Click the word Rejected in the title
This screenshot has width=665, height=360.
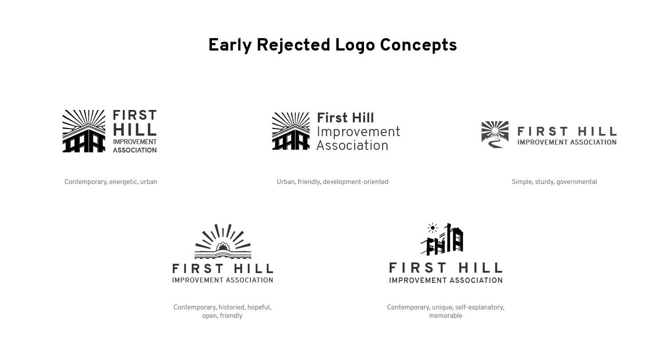tap(293, 45)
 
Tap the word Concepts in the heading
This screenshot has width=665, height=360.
tap(419, 45)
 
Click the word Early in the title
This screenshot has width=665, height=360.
tap(230, 45)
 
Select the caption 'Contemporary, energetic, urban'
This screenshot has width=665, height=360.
tap(111, 182)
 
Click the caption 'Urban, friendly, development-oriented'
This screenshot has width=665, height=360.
tap(332, 182)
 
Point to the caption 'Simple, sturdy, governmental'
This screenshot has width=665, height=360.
tap(554, 182)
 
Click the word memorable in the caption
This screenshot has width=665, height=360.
tap(445, 316)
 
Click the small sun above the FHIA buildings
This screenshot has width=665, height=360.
tap(433, 228)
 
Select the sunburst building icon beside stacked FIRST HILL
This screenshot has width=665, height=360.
tap(84, 131)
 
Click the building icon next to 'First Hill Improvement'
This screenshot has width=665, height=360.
tap(291, 131)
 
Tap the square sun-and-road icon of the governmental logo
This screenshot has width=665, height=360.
tap(495, 134)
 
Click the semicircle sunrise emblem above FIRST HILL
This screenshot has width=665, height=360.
tap(223, 241)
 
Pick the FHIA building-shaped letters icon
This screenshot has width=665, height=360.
tap(442, 240)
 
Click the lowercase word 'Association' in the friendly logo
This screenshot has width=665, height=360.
tap(352, 145)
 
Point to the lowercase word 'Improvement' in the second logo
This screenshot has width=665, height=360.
tap(359, 132)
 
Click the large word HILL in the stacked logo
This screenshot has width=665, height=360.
tap(135, 130)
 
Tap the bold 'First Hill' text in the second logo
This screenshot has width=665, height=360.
tap(345, 118)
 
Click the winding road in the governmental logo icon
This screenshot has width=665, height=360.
tap(495, 144)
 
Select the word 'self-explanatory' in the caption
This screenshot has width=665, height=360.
tap(480, 307)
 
